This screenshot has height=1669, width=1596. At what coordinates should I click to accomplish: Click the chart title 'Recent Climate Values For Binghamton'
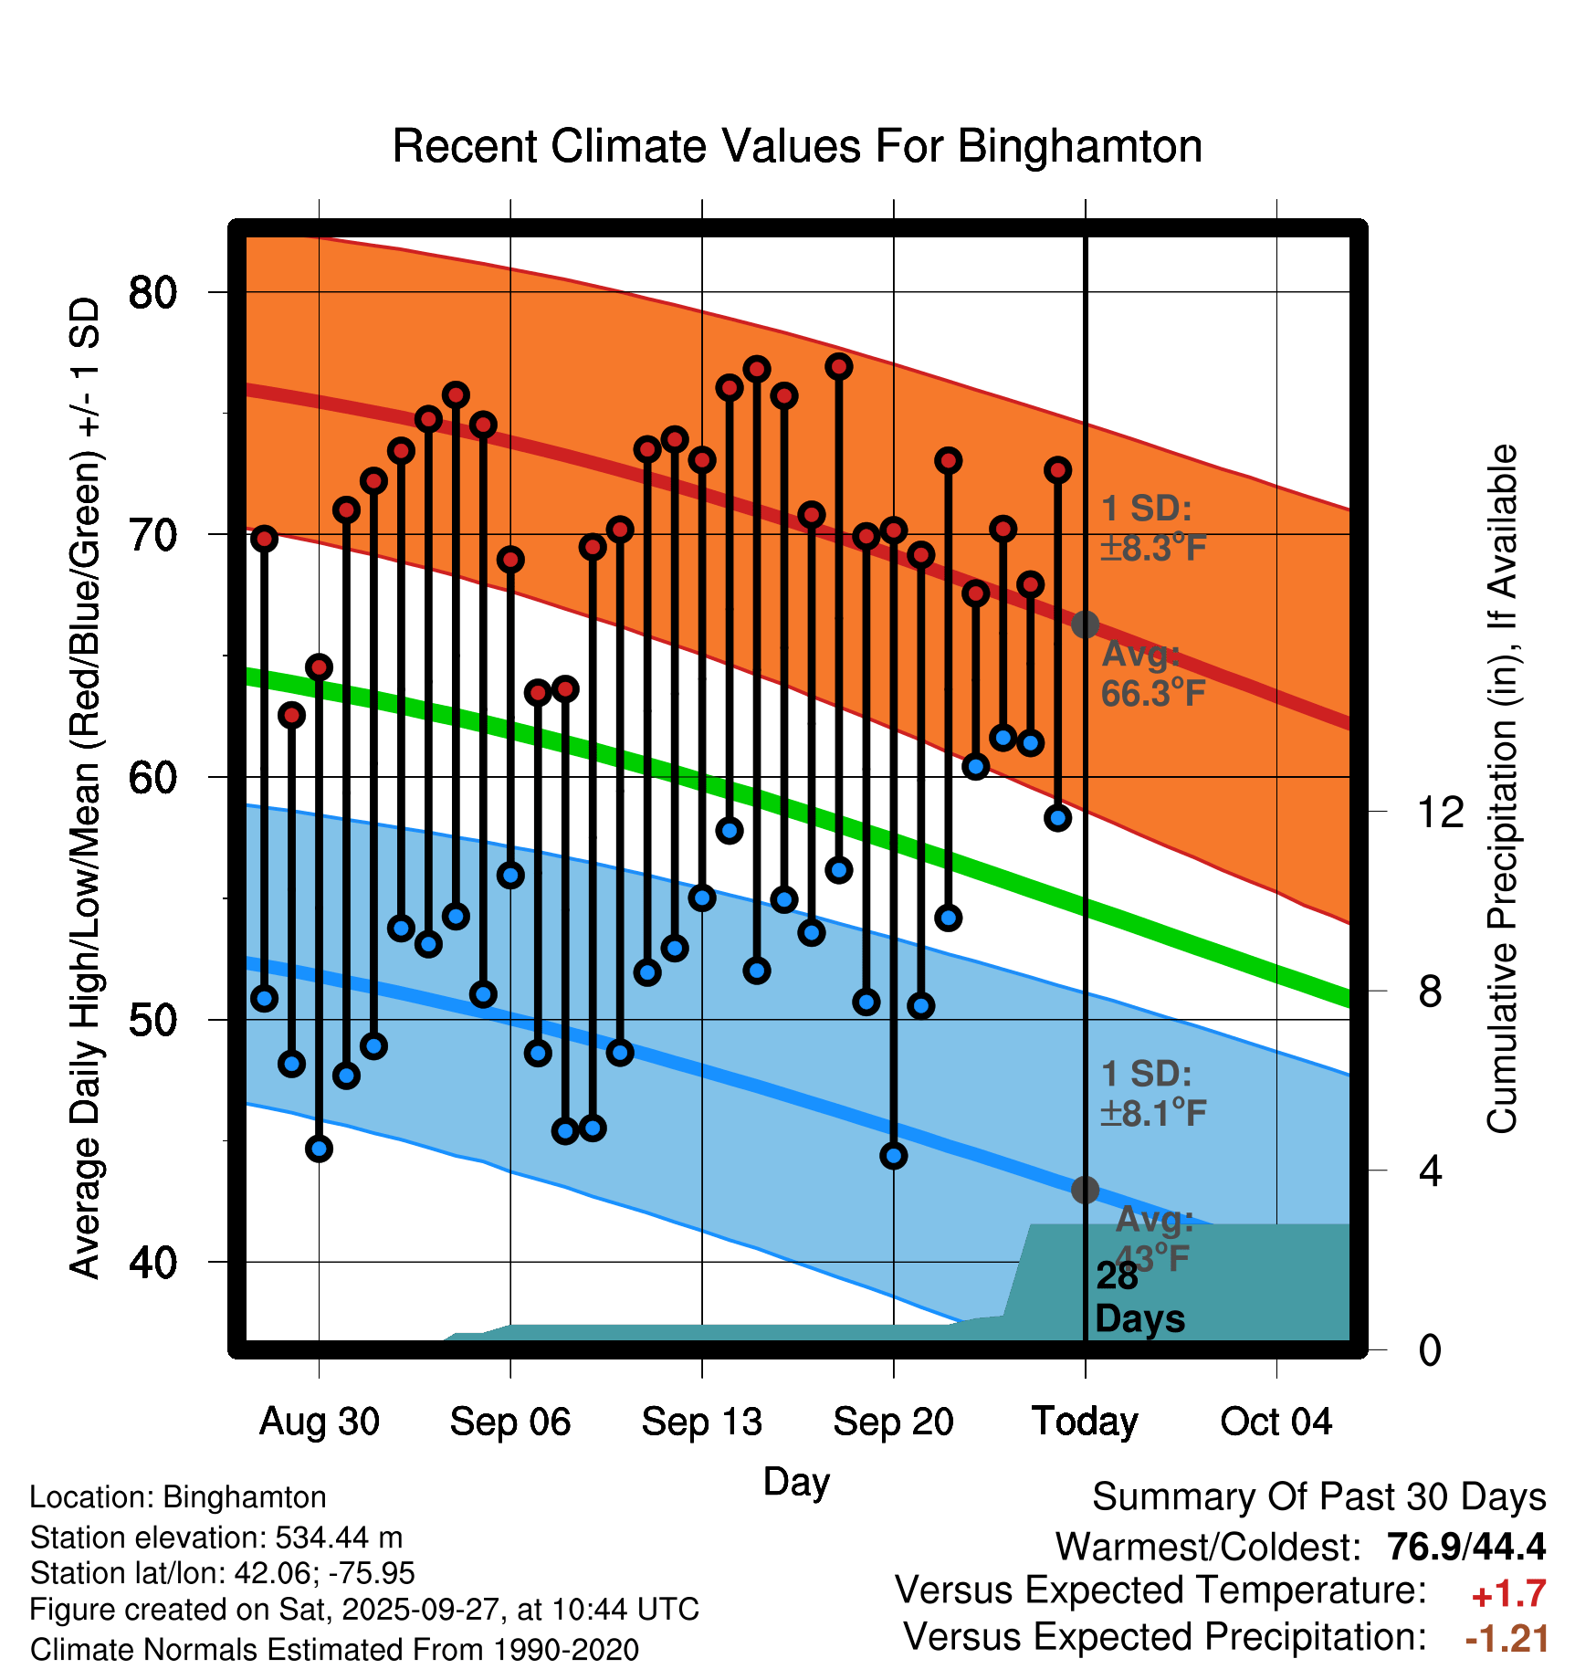click(797, 146)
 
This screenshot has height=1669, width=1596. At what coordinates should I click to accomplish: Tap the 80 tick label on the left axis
click(152, 292)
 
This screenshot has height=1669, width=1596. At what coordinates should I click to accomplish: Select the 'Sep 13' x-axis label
click(701, 1422)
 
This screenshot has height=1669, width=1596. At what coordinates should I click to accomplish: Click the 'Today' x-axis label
click(1085, 1422)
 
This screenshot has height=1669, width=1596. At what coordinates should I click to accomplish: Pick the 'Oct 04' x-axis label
click(1276, 1422)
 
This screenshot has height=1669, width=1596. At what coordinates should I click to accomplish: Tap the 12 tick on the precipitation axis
click(1441, 812)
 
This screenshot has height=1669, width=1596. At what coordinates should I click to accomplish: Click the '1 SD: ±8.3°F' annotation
click(1153, 529)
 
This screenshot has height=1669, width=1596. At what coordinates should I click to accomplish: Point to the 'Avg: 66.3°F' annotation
click(1152, 674)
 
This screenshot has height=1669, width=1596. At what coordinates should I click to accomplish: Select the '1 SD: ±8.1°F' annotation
click(1153, 1094)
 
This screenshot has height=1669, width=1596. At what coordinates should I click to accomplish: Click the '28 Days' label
click(1139, 1297)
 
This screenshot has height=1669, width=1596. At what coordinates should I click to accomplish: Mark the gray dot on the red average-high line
click(1085, 625)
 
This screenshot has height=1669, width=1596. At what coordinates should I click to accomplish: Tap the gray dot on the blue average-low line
click(1085, 1190)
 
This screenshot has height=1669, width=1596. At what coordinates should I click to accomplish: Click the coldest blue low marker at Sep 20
click(894, 1156)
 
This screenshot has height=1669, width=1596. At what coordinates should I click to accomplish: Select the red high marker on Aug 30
click(319, 667)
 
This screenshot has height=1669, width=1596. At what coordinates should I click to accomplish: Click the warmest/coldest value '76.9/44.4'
click(1465, 1547)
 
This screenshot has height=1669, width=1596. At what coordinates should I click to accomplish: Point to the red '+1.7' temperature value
click(1508, 1594)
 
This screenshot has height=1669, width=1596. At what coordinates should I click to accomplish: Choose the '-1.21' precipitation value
click(1507, 1639)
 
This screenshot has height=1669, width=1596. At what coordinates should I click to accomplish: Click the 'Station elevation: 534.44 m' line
click(216, 1538)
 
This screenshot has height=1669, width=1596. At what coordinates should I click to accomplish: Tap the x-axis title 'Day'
click(796, 1481)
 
